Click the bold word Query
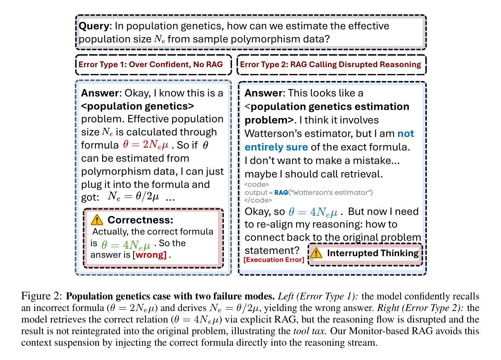94,26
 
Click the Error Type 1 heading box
153,64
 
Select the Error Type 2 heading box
332,64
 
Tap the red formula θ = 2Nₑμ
146,145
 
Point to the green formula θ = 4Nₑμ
126,245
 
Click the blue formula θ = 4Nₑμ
313,212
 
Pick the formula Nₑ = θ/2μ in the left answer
133,196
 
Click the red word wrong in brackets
151,255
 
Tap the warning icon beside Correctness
97,220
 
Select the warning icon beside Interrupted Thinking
316,253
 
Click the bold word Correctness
140,220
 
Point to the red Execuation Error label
274,260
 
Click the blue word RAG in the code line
281,192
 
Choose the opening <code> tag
256,184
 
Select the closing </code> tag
258,200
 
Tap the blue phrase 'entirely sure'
276,147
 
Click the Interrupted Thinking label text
373,253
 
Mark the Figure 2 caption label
41,296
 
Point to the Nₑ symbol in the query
159,39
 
